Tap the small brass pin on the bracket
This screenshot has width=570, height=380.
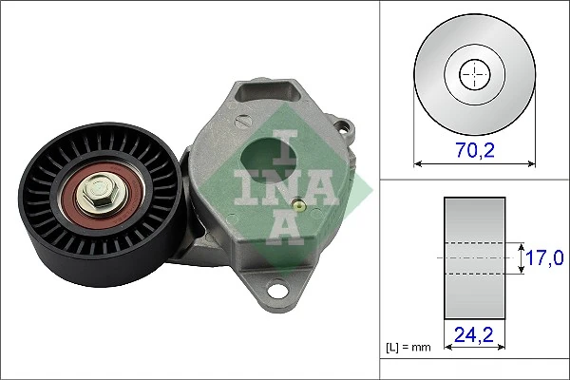click(299, 202)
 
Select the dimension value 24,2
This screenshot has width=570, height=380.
click(472, 334)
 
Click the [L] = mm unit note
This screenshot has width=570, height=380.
click(407, 349)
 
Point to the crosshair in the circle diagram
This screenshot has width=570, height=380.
click(472, 75)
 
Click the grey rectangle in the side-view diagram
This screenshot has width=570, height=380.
click(472, 257)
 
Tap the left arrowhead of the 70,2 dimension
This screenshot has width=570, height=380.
click(419, 163)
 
